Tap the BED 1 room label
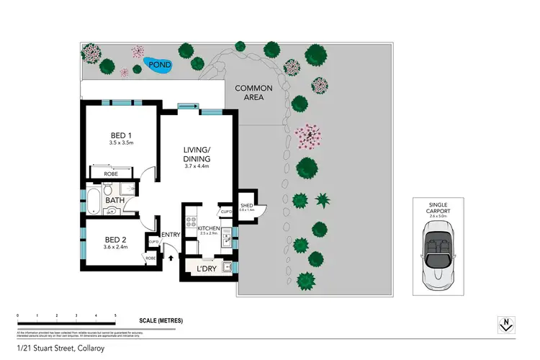point(120,137)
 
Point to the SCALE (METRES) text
point(161,320)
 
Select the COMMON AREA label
point(253,93)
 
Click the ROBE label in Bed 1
point(111,174)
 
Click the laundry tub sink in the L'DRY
point(227,268)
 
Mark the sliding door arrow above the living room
point(189,108)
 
